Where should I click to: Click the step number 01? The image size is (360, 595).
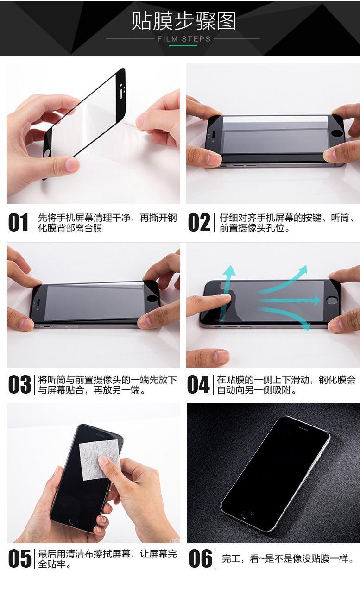click(x=18, y=223)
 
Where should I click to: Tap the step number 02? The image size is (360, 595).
click(x=199, y=223)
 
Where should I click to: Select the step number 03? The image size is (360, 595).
click(x=19, y=384)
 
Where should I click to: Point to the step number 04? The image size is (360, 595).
click(x=198, y=384)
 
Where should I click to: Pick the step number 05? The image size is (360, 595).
click(x=19, y=558)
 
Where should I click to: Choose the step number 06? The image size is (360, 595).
click(x=201, y=558)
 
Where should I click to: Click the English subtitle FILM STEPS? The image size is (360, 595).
click(x=184, y=39)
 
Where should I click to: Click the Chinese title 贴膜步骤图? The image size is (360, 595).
click(x=184, y=21)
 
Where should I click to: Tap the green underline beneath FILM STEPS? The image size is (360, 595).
click(x=183, y=46)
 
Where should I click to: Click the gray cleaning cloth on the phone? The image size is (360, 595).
click(x=99, y=459)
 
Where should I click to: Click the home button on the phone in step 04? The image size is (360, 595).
click(x=331, y=301)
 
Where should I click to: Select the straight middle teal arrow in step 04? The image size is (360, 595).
click(x=290, y=301)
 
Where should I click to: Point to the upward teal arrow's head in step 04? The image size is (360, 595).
click(x=229, y=270)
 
